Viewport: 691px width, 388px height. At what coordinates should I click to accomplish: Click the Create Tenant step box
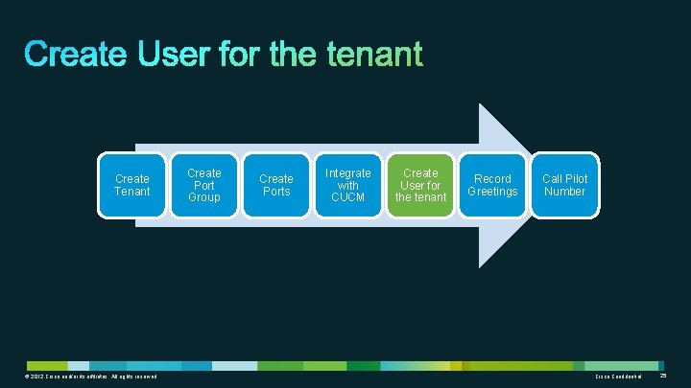pyautogui.click(x=132, y=185)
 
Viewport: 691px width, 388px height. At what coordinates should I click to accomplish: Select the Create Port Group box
pyautogui.click(x=203, y=185)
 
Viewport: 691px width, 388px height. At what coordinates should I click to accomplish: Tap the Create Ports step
pyautogui.click(x=276, y=185)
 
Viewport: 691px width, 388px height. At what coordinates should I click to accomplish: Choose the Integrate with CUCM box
pyautogui.click(x=347, y=185)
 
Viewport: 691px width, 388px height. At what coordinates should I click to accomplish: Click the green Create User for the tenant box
pyautogui.click(x=420, y=185)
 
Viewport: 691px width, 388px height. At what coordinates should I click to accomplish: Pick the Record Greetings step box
pyautogui.click(x=492, y=185)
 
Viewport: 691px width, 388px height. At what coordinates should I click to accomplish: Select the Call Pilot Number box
pyautogui.click(x=564, y=185)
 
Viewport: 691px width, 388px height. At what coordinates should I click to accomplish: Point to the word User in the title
pyautogui.click(x=178, y=55)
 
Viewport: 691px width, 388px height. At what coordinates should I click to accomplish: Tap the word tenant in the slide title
pyautogui.click(x=374, y=55)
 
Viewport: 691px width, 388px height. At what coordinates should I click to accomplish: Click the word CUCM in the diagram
pyautogui.click(x=347, y=197)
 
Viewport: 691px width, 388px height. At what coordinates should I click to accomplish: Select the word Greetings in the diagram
pyautogui.click(x=492, y=192)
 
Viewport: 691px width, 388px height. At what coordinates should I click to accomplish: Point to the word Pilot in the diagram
pyautogui.click(x=576, y=179)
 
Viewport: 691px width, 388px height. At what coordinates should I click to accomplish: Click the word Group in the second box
pyautogui.click(x=203, y=197)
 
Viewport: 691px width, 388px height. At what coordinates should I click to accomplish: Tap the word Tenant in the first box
pyautogui.click(x=132, y=192)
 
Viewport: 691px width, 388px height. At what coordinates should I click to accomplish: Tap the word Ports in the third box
pyautogui.click(x=276, y=192)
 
